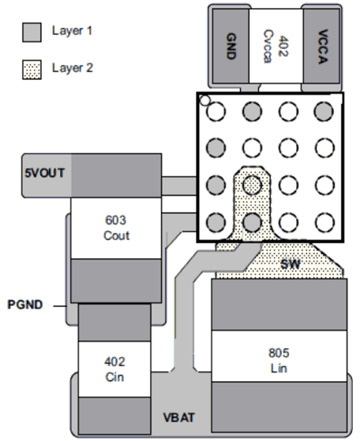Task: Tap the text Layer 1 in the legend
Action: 73,32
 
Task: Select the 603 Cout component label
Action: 117,228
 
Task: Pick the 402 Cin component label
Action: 115,369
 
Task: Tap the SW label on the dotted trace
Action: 291,262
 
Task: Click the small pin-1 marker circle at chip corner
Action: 204,100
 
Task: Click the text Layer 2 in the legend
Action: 73,69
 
